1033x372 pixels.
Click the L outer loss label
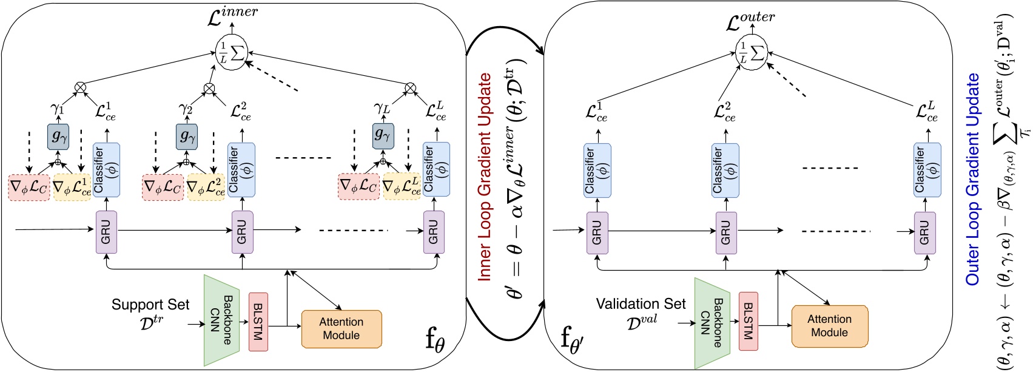click(750, 21)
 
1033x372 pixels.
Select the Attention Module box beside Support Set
click(342, 329)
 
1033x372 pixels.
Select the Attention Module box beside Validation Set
click(829, 326)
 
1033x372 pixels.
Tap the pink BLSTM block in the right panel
click(748, 321)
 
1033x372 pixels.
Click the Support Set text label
click(150, 305)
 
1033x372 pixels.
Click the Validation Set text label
click(641, 304)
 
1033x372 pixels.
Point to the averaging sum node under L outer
click(751, 53)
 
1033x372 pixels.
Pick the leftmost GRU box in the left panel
click(106, 232)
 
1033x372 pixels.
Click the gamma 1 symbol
click(57, 109)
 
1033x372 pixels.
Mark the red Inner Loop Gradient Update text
click(485, 176)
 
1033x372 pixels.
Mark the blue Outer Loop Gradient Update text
click(973, 179)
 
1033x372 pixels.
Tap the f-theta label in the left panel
click(435, 340)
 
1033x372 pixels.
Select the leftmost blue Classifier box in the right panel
click(597, 171)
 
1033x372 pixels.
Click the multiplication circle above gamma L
click(410, 87)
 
